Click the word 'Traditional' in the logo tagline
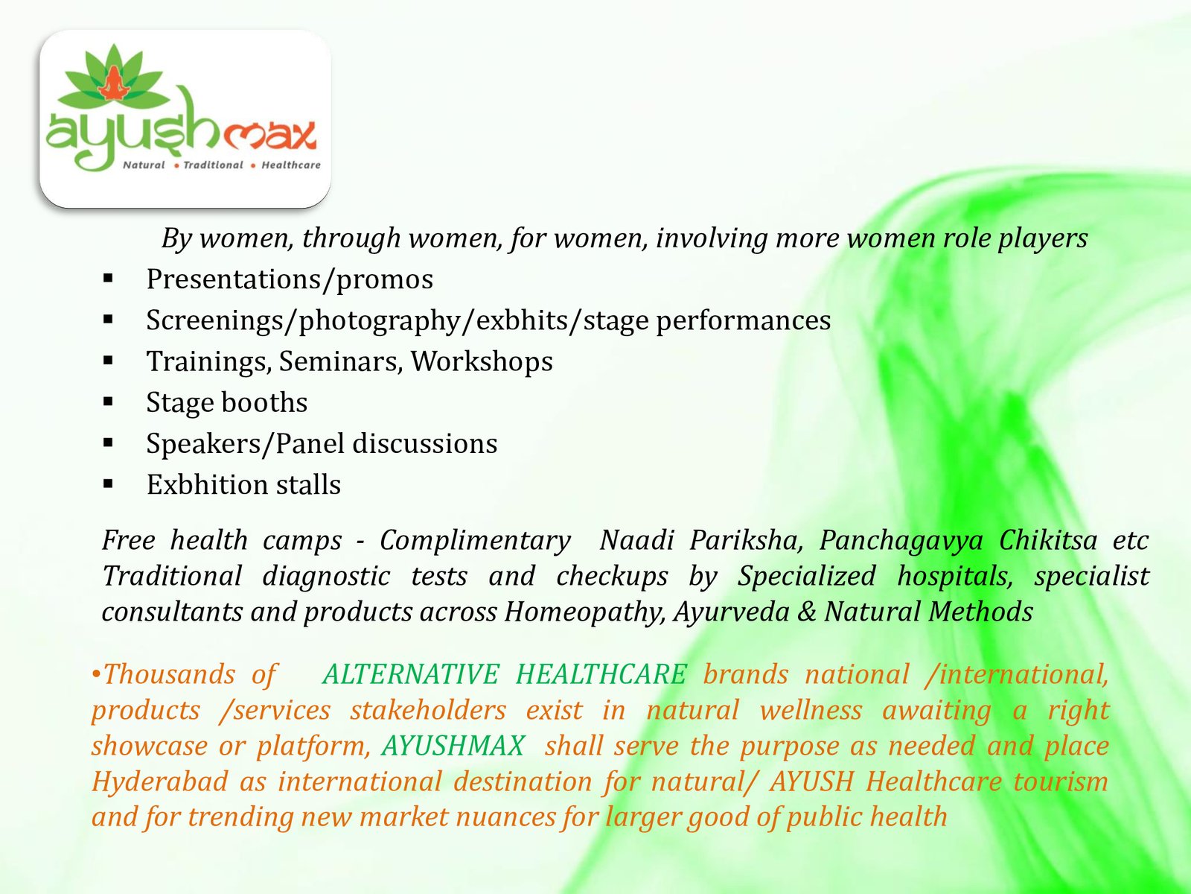[213, 165]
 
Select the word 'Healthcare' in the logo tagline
[291, 165]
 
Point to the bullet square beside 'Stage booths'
[108, 402]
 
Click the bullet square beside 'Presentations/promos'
[108, 279]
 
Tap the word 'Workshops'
[482, 361]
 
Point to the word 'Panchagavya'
[901, 541]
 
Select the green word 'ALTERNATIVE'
[411, 675]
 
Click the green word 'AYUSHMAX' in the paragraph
[453, 746]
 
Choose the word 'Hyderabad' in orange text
[159, 782]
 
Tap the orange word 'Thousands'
[169, 675]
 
